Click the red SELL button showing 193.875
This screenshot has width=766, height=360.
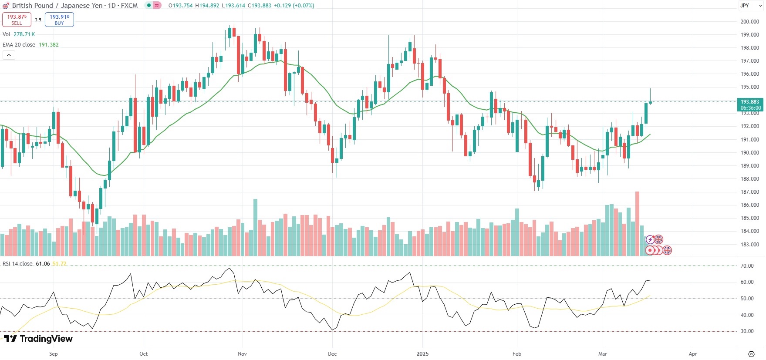click(x=17, y=20)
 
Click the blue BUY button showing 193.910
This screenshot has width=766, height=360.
click(x=59, y=20)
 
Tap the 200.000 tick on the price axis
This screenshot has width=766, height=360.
click(x=750, y=22)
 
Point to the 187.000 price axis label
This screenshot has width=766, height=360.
click(x=750, y=192)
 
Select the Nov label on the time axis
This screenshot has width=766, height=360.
click(x=242, y=354)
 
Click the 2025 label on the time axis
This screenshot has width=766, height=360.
click(x=422, y=354)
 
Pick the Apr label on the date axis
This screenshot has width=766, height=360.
click(x=692, y=354)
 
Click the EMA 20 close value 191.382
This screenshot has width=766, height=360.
click(x=49, y=45)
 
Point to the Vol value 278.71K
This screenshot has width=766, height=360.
click(x=24, y=34)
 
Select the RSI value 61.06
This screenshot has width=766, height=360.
click(x=43, y=264)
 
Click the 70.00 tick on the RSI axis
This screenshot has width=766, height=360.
click(x=747, y=266)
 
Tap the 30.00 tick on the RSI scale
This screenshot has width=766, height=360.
click(x=747, y=331)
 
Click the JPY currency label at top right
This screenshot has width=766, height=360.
click(x=745, y=6)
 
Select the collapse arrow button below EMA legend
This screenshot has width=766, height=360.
click(x=9, y=55)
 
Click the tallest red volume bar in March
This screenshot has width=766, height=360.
click(x=638, y=223)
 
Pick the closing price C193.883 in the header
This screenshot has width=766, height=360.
click(x=260, y=6)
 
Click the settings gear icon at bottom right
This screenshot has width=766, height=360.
click(x=751, y=354)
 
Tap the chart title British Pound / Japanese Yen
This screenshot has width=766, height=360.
click(x=57, y=6)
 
